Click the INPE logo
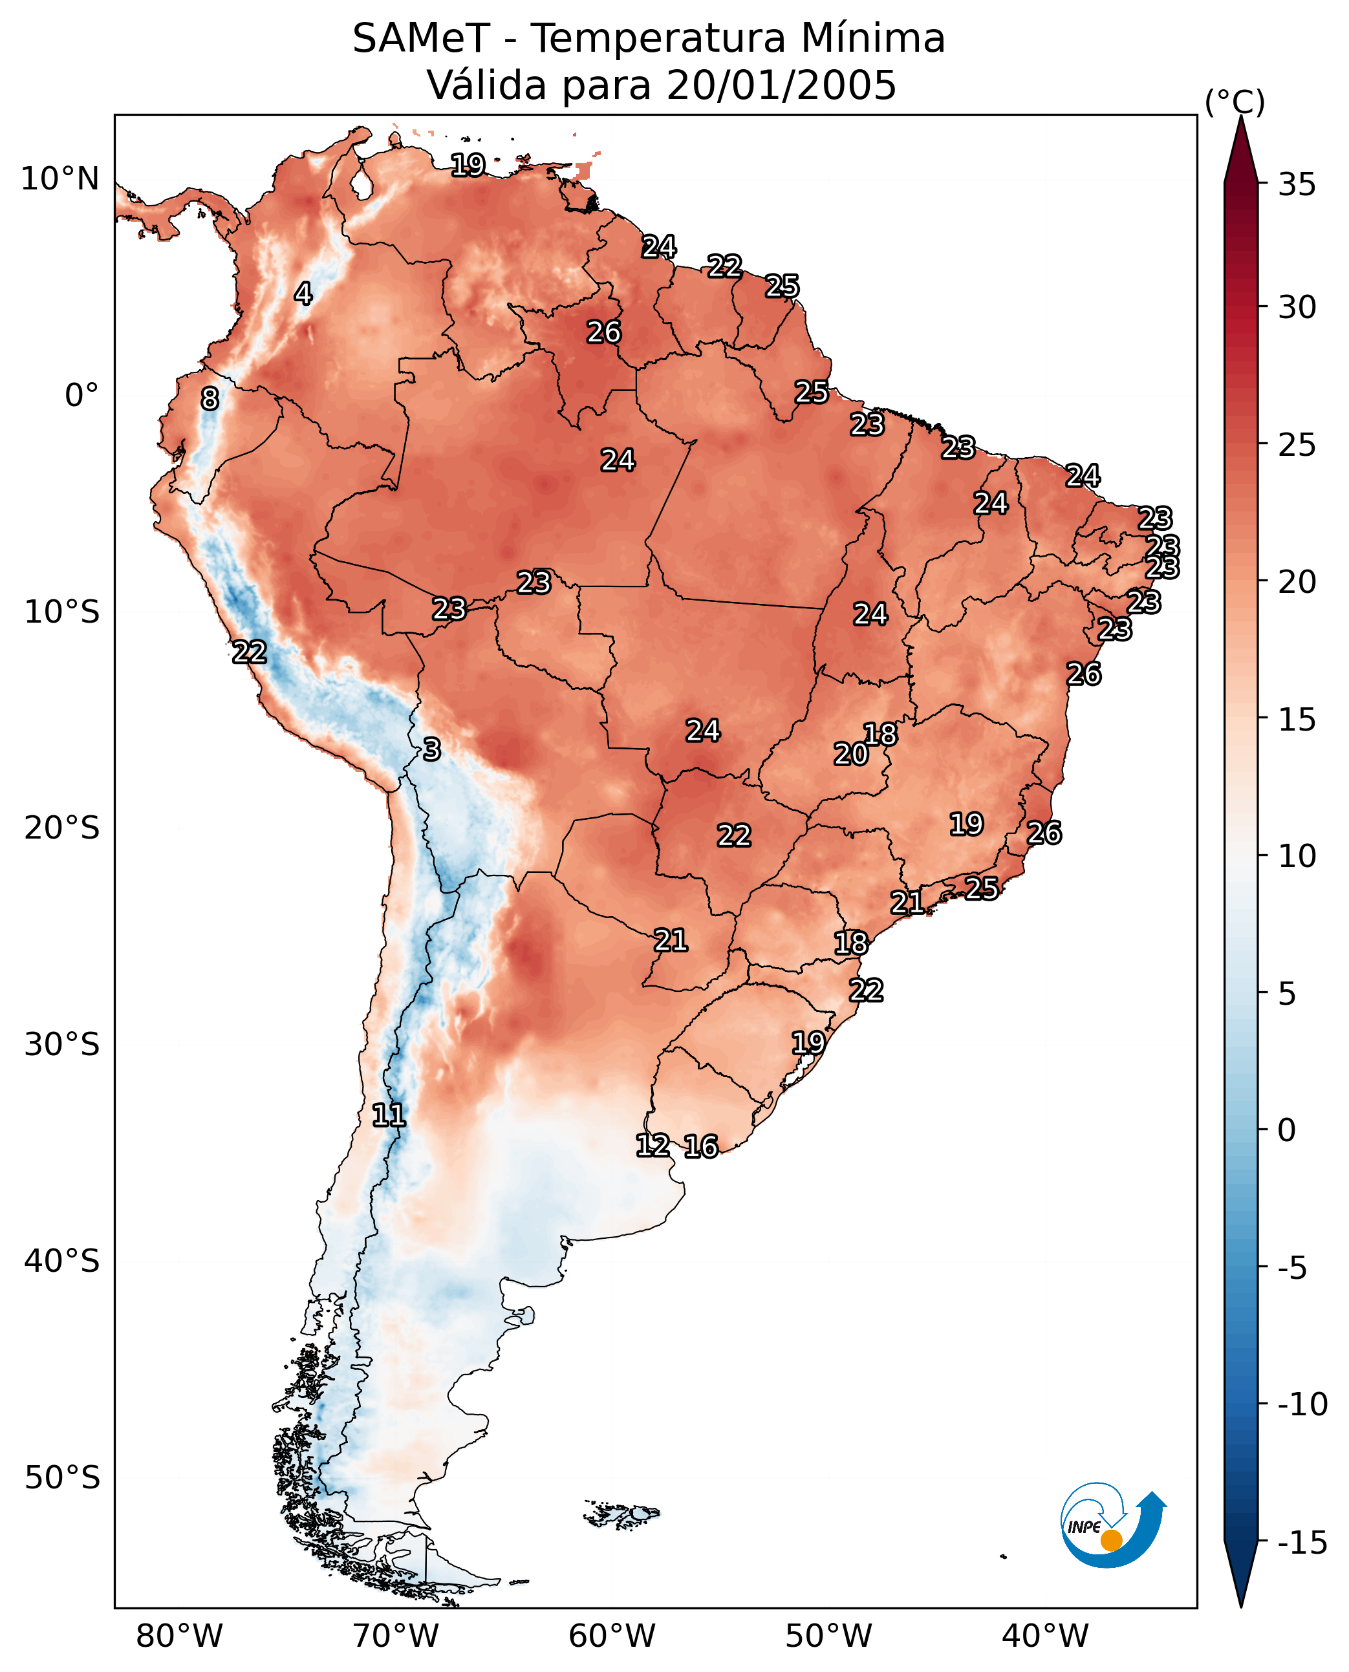point(1113,1525)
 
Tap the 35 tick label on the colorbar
point(1297,185)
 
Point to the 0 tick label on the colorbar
point(1287,1130)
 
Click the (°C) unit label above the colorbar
point(1235,102)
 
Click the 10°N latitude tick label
point(60,180)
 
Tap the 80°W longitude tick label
point(180,1636)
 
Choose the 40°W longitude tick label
point(1045,1636)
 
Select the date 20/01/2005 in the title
point(781,85)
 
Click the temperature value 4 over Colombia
point(303,294)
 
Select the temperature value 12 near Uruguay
point(653,1145)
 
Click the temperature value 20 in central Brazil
point(851,755)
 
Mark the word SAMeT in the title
point(421,38)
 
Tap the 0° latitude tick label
point(81,396)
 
